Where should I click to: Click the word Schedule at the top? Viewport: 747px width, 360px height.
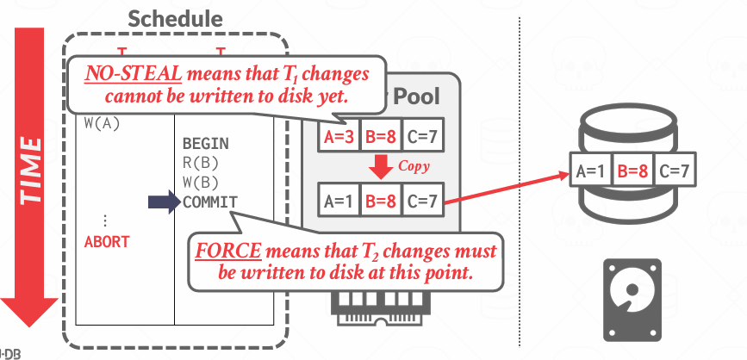point(175,18)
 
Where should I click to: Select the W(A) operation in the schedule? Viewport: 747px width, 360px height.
point(103,122)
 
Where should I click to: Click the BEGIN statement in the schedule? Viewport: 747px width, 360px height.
point(206,143)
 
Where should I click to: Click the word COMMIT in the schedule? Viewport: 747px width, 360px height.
point(210,202)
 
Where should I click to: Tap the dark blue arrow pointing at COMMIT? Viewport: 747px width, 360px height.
point(162,202)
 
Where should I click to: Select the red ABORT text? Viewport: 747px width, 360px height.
point(107,242)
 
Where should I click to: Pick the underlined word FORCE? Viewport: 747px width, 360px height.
point(228,252)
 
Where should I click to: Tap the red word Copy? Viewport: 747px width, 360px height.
point(413,165)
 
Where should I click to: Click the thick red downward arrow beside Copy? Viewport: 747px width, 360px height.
point(379,166)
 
